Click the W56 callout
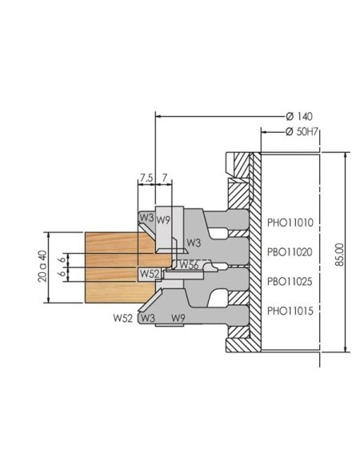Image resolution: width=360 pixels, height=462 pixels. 188,265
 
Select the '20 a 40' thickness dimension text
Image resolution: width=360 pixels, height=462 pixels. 42,269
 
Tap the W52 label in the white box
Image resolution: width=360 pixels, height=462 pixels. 149,274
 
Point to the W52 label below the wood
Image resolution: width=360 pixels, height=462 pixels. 122,318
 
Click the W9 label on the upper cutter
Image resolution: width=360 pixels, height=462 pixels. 164,219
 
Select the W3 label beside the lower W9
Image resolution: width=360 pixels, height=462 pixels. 146,318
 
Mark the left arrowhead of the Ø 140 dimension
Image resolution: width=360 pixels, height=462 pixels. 158,116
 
